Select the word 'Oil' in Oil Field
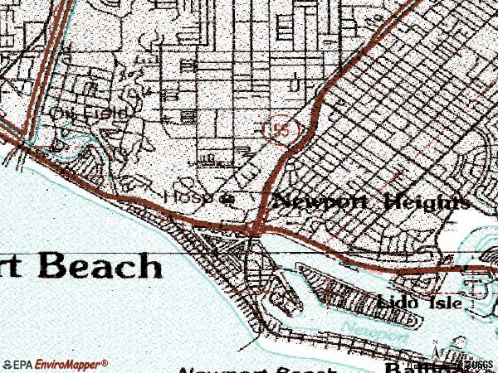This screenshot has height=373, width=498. (x=61, y=111)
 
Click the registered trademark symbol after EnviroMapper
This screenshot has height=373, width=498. (x=105, y=361)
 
